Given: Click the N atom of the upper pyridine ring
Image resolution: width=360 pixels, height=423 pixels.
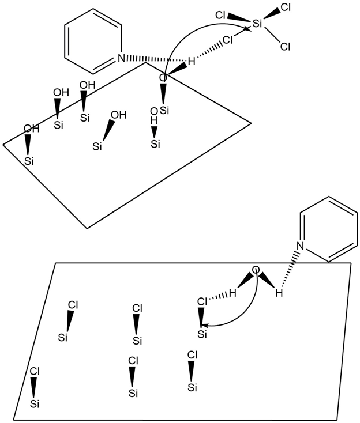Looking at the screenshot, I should [120, 58].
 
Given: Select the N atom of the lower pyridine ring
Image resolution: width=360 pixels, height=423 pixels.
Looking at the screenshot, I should [299, 246].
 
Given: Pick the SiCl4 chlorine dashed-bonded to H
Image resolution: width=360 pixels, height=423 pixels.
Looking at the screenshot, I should [228, 40].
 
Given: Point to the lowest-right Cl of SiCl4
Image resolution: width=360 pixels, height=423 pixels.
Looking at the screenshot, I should [284, 47].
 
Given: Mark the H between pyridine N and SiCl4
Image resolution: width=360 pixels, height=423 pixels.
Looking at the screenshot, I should [191, 60].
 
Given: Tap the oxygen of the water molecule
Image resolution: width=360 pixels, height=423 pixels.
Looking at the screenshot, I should [256, 270].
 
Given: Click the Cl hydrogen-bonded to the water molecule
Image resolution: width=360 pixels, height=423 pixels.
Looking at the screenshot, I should [202, 301].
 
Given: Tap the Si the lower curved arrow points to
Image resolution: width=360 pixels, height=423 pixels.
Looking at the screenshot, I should [202, 334].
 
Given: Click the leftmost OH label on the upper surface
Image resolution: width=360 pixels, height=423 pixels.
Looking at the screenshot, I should [31, 129].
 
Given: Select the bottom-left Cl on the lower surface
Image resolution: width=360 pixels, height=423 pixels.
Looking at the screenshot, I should [35, 371].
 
